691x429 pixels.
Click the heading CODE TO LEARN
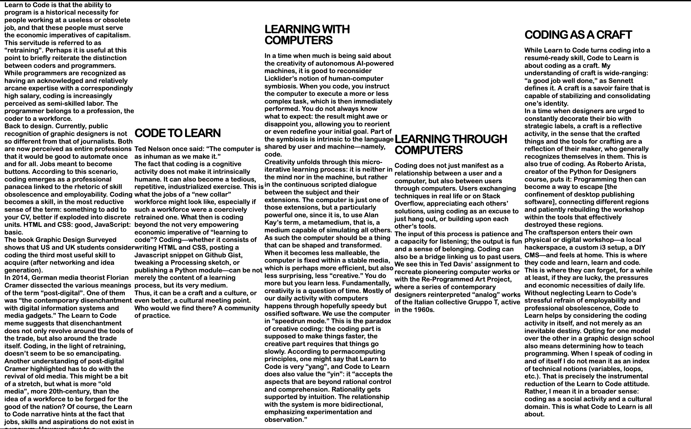coord(177,133)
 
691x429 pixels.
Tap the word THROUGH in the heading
coord(477,139)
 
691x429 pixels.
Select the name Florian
coord(117,278)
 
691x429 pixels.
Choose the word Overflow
coord(409,204)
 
